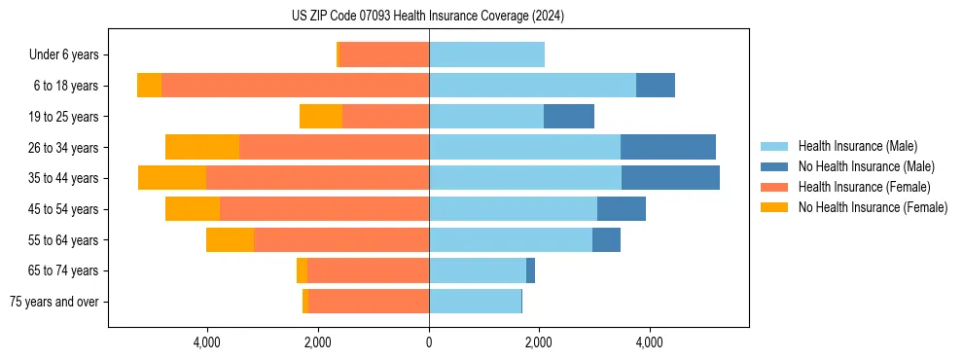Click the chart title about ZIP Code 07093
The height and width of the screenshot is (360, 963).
click(x=428, y=16)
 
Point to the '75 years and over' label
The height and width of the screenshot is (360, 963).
click(x=53, y=302)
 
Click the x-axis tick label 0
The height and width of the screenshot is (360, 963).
click(x=428, y=342)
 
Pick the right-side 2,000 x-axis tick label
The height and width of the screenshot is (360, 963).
click(x=539, y=342)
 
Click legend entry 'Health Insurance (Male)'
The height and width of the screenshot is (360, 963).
click(x=857, y=146)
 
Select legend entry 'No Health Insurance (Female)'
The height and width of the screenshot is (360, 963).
click(x=873, y=207)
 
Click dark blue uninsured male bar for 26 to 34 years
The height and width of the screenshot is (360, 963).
click(x=668, y=147)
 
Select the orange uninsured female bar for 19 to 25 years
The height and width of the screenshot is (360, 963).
click(x=321, y=117)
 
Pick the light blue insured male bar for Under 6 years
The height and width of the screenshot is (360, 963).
click(x=486, y=55)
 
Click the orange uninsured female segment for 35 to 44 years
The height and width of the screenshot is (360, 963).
click(x=172, y=178)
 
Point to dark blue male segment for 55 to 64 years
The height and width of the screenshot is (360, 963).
click(x=606, y=239)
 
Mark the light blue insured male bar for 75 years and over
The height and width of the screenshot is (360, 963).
click(x=475, y=302)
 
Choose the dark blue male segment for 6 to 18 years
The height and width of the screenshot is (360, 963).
click(x=656, y=86)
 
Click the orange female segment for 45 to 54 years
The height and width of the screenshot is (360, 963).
click(x=193, y=209)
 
